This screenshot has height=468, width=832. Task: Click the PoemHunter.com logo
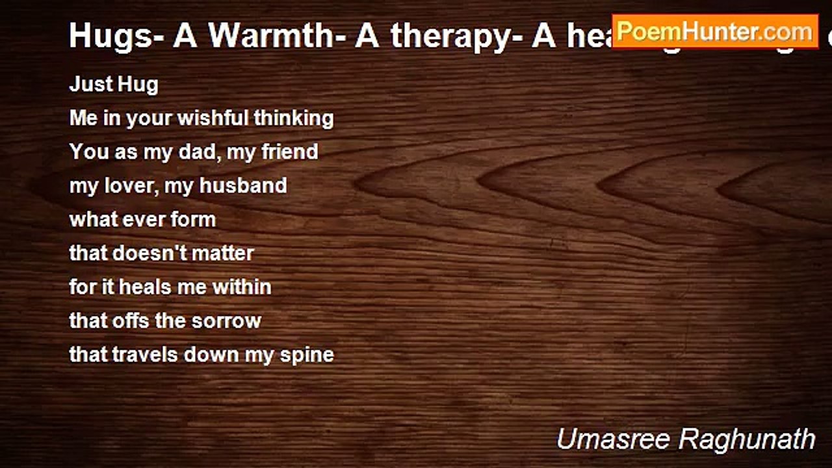(714, 31)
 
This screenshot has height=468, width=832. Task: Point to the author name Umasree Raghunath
(686, 439)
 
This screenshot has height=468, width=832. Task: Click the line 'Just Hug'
(114, 84)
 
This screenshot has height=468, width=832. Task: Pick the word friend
(289, 152)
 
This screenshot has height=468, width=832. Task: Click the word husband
(243, 186)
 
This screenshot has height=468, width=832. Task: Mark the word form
(194, 220)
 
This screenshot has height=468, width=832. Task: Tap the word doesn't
(149, 253)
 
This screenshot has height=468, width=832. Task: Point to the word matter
(224, 253)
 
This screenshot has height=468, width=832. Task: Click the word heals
(144, 287)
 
